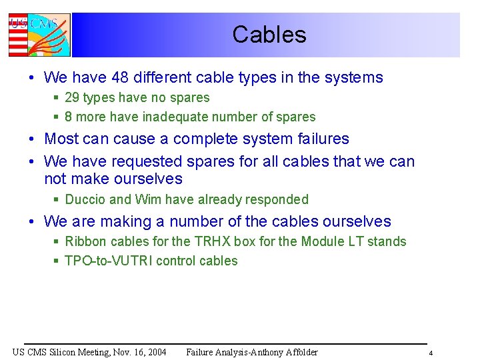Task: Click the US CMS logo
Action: click(39, 35)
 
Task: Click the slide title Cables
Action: click(269, 35)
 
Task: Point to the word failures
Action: click(321, 139)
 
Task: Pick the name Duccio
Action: click(85, 199)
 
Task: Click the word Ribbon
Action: click(86, 241)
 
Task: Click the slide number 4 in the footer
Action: click(431, 353)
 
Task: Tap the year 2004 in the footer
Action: click(155, 352)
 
